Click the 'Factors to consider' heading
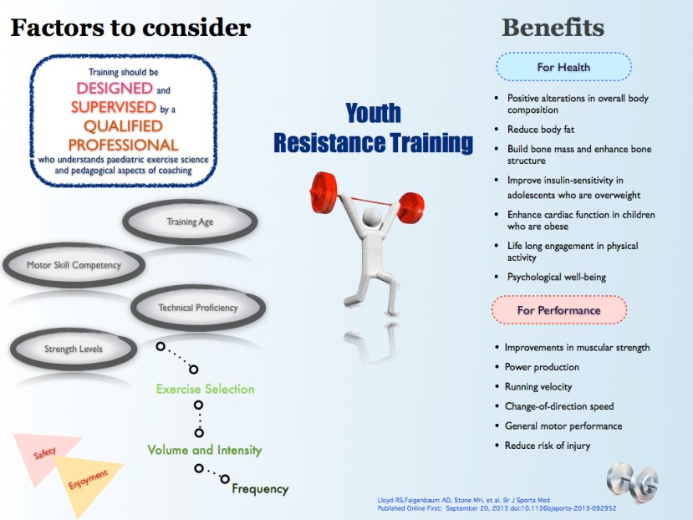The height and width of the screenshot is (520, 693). tap(130, 28)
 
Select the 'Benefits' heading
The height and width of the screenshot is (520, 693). tap(552, 28)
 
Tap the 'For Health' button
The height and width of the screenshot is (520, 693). tap(563, 67)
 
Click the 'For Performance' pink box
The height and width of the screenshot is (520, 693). tap(558, 310)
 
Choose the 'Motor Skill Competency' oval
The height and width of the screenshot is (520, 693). tap(74, 266)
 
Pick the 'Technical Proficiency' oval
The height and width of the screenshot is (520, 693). tap(198, 308)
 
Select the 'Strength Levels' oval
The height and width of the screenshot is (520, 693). tap(74, 348)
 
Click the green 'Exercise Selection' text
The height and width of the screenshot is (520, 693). tap(205, 389)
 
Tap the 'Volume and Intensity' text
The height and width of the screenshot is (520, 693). tap(205, 450)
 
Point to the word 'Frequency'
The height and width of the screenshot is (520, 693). tap(259, 489)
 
